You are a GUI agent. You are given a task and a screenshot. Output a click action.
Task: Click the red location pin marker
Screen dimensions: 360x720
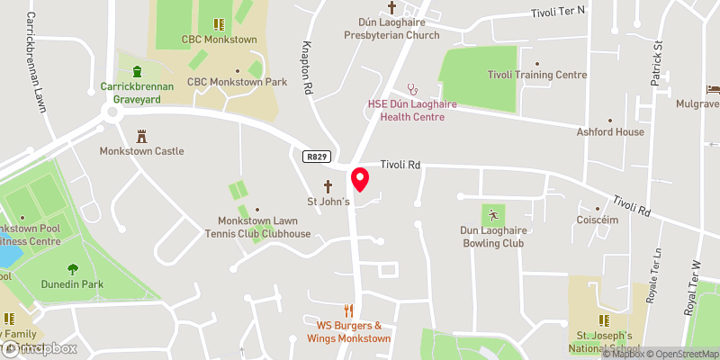point(359,180)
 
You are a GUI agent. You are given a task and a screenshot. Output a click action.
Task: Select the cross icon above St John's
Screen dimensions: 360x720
point(328,186)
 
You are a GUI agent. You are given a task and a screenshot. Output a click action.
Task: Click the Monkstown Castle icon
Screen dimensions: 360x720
point(141,136)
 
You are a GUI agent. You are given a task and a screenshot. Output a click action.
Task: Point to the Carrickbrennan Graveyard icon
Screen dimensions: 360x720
point(137,72)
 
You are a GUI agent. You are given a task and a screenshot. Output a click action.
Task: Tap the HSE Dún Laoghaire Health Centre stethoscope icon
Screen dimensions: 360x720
point(414,89)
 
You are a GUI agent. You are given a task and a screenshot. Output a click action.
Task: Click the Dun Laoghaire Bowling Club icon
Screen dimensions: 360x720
point(492,215)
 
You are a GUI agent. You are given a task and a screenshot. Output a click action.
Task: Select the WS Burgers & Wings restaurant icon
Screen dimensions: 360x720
point(348,310)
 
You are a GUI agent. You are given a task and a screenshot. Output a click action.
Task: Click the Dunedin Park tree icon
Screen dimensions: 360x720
point(73,269)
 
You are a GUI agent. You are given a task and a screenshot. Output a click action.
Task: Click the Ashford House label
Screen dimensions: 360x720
point(610,131)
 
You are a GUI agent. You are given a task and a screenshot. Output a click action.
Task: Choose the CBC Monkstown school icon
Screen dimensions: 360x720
point(217,24)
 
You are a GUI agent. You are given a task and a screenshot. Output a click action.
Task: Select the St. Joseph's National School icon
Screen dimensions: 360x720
point(605,319)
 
